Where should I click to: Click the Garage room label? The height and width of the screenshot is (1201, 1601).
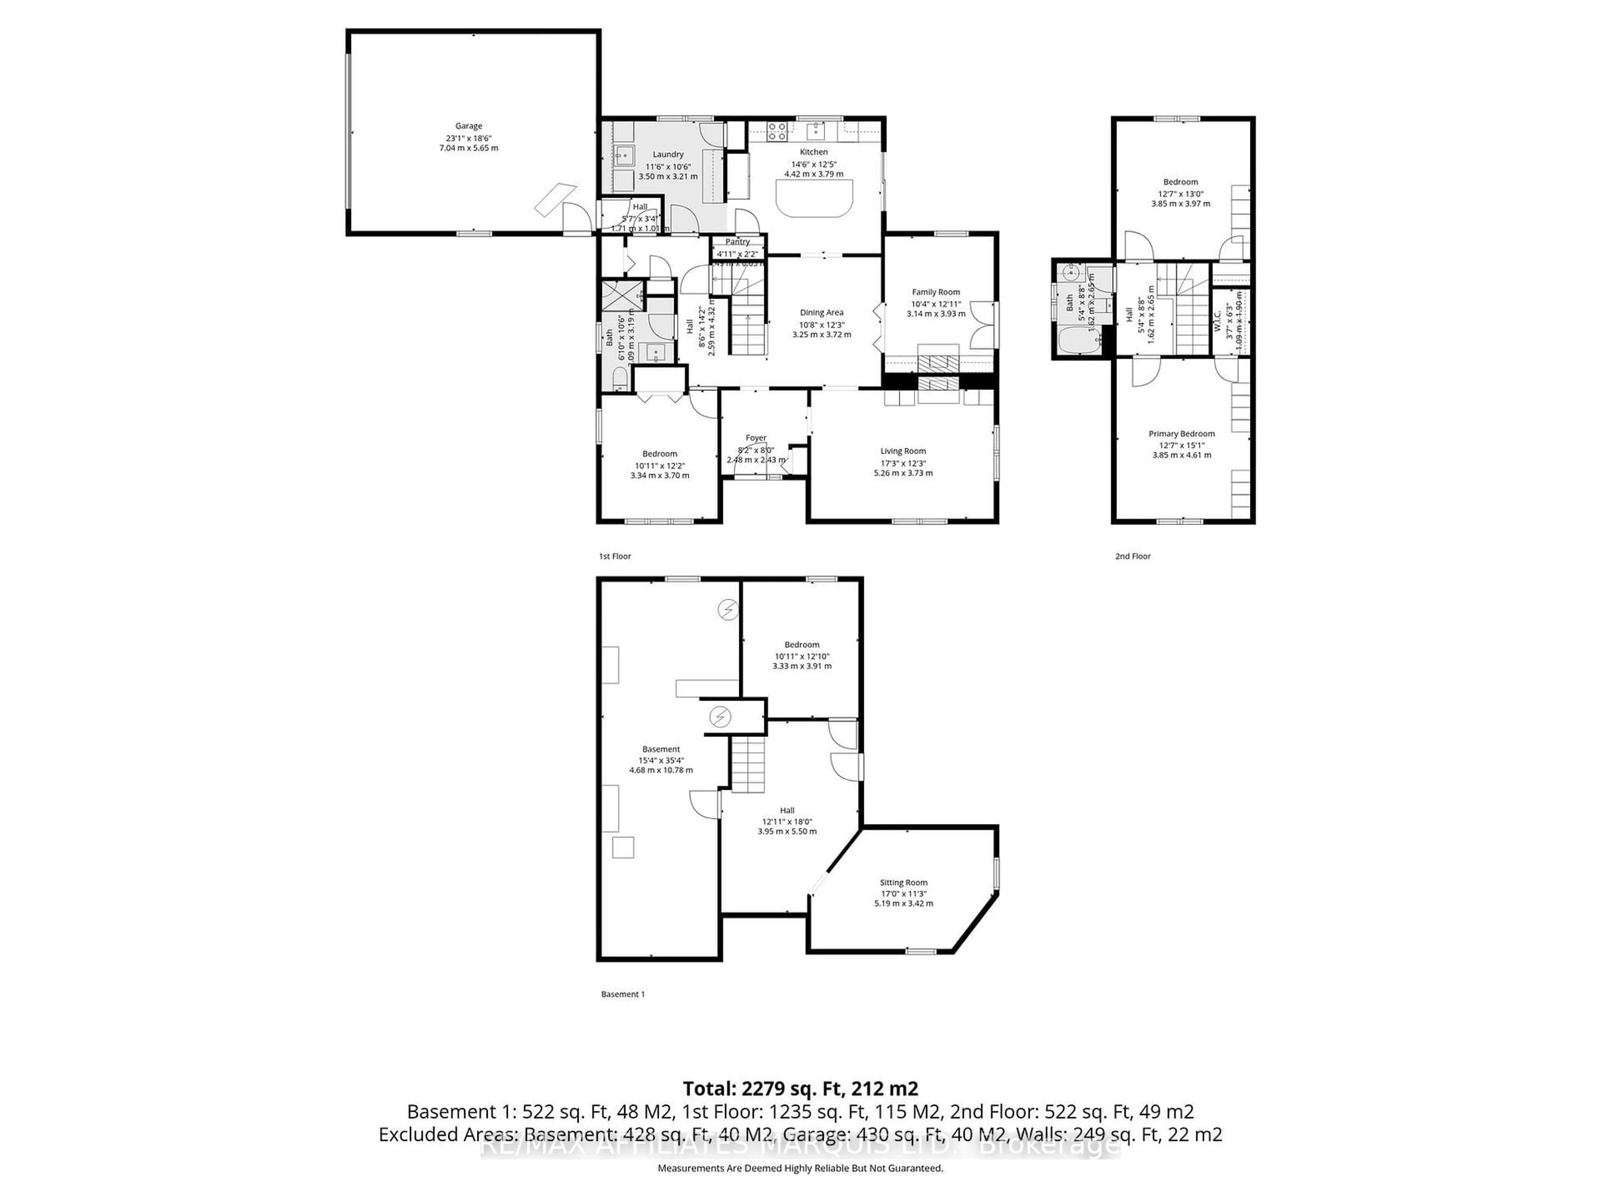click(468, 126)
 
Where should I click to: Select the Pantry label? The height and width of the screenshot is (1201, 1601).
click(738, 242)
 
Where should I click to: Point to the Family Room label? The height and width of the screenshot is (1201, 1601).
click(936, 292)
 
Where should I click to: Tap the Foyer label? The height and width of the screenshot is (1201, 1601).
click(755, 438)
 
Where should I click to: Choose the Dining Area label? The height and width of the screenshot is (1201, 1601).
click(821, 313)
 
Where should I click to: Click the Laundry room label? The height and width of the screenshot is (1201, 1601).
click(668, 154)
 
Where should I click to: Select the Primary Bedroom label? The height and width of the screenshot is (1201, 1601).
click(1181, 434)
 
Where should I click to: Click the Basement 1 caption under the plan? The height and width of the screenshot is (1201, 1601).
click(622, 994)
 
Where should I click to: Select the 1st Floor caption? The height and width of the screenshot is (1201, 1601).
click(615, 556)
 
